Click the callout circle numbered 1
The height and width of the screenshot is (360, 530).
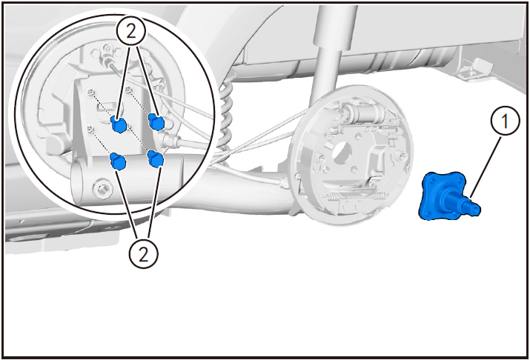coord(505,121)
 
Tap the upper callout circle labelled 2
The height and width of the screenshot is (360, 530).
coord(131,31)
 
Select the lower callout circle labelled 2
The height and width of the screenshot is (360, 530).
coord(143,253)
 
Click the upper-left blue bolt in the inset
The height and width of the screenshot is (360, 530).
coord(119,124)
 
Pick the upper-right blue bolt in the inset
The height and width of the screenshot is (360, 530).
coord(156,121)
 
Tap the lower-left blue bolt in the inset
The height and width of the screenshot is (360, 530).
coord(118,161)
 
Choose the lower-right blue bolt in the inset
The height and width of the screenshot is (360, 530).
coord(155,159)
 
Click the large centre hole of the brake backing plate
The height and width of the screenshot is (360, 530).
coord(342,151)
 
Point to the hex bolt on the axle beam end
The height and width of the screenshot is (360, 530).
coord(102,187)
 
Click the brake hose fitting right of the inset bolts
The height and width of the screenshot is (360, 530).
coord(169,139)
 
